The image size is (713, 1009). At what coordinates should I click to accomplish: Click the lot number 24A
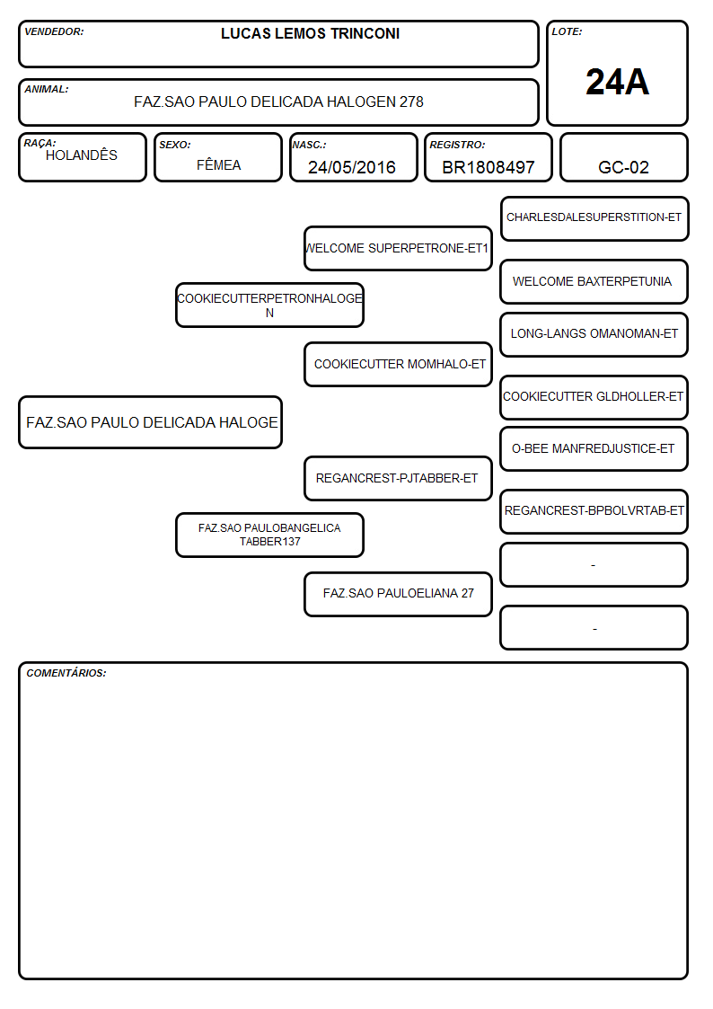pyautogui.click(x=617, y=83)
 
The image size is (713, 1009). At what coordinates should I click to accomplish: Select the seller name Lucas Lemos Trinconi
pyautogui.click(x=310, y=33)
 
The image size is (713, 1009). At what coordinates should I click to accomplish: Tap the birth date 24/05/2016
pyautogui.click(x=352, y=167)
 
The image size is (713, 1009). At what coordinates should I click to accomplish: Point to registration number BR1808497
pyautogui.click(x=488, y=167)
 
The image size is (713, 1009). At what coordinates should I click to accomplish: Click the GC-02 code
pyautogui.click(x=623, y=167)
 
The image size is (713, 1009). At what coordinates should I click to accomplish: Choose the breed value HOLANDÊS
pyautogui.click(x=82, y=155)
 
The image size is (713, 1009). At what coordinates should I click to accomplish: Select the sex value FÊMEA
pyautogui.click(x=218, y=164)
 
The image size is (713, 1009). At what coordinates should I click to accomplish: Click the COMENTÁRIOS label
pyautogui.click(x=66, y=673)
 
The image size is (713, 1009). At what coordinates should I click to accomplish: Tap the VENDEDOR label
pyautogui.click(x=54, y=31)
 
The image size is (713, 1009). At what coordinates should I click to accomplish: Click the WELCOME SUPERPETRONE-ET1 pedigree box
pyautogui.click(x=398, y=248)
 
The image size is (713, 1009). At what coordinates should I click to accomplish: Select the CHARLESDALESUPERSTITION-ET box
pyautogui.click(x=594, y=219)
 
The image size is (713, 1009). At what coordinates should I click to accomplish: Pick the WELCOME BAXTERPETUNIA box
pyautogui.click(x=594, y=282)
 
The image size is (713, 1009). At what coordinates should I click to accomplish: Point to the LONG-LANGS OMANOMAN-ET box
pyautogui.click(x=594, y=334)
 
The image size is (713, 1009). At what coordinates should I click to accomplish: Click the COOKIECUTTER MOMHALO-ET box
pyautogui.click(x=398, y=364)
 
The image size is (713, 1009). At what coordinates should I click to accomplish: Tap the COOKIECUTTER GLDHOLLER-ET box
pyautogui.click(x=594, y=397)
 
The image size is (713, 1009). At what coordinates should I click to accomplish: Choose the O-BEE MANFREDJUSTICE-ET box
pyautogui.click(x=594, y=448)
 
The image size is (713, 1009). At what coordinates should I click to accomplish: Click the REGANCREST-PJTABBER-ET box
pyautogui.click(x=398, y=478)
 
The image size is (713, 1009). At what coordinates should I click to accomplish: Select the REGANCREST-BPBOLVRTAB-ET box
pyautogui.click(x=594, y=511)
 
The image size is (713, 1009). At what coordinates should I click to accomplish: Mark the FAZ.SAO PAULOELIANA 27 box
pyautogui.click(x=398, y=594)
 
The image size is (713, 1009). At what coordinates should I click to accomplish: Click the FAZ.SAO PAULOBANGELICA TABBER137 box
pyautogui.click(x=269, y=535)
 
